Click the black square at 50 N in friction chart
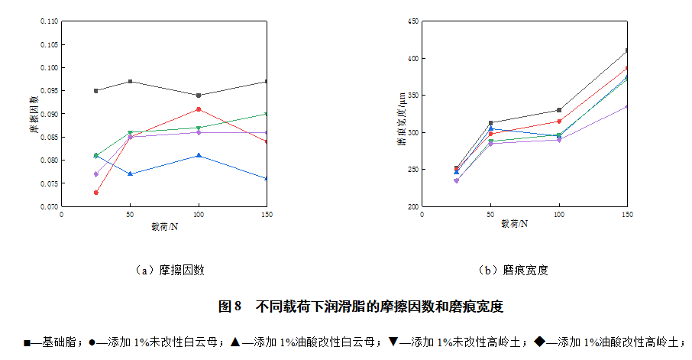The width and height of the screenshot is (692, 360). point(130,82)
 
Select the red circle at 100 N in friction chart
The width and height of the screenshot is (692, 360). point(199,109)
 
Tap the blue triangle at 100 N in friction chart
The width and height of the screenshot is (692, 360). point(199,155)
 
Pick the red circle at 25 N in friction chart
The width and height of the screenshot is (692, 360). point(95,193)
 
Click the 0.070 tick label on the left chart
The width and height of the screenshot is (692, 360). point(47,206)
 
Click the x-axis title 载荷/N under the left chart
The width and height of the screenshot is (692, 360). point(164,226)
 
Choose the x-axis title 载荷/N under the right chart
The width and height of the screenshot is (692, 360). point(525,225)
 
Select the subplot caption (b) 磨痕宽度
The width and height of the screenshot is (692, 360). point(513,270)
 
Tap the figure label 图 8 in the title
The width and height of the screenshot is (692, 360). point(230,306)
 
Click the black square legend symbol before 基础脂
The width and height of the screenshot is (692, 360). point(28,342)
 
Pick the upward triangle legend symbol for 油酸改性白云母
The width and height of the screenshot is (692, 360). point(235,342)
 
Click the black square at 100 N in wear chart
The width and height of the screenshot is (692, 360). point(559,110)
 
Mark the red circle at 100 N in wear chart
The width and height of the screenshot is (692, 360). point(559,122)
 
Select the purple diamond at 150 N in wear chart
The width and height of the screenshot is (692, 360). point(626,106)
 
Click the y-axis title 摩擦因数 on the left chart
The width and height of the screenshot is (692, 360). point(34,115)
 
